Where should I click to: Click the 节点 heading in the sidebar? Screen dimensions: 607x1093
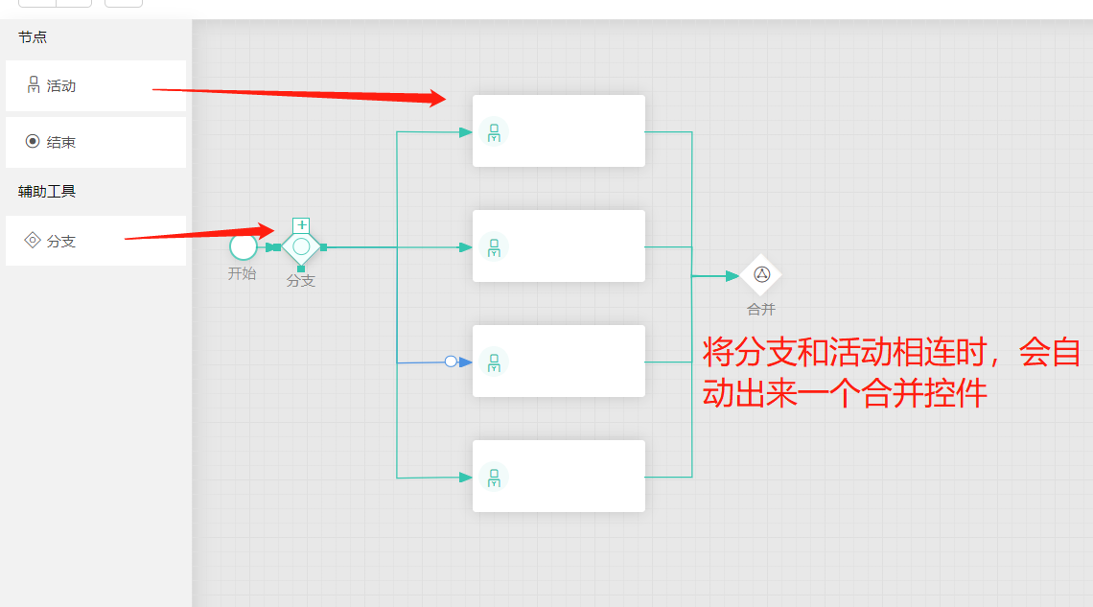(33, 37)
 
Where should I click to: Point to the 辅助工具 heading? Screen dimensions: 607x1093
(47, 191)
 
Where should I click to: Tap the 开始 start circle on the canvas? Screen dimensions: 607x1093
(244, 246)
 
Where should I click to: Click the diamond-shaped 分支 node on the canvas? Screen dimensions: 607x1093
(301, 246)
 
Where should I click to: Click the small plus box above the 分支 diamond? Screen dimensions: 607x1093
(301, 225)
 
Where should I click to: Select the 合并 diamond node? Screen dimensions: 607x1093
(761, 274)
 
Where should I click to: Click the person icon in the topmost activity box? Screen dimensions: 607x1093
(494, 131)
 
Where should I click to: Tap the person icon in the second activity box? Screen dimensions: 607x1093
(494, 246)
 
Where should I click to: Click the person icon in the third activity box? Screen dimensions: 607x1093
(494, 362)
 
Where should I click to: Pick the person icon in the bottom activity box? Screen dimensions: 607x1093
(494, 477)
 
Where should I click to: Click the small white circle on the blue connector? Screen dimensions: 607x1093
(451, 362)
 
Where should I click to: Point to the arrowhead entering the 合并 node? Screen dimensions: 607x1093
(733, 276)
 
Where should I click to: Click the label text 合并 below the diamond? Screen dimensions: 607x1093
(761, 310)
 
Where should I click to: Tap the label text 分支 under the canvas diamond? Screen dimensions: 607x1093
(301, 281)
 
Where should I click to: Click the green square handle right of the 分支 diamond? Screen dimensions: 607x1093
(324, 247)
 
